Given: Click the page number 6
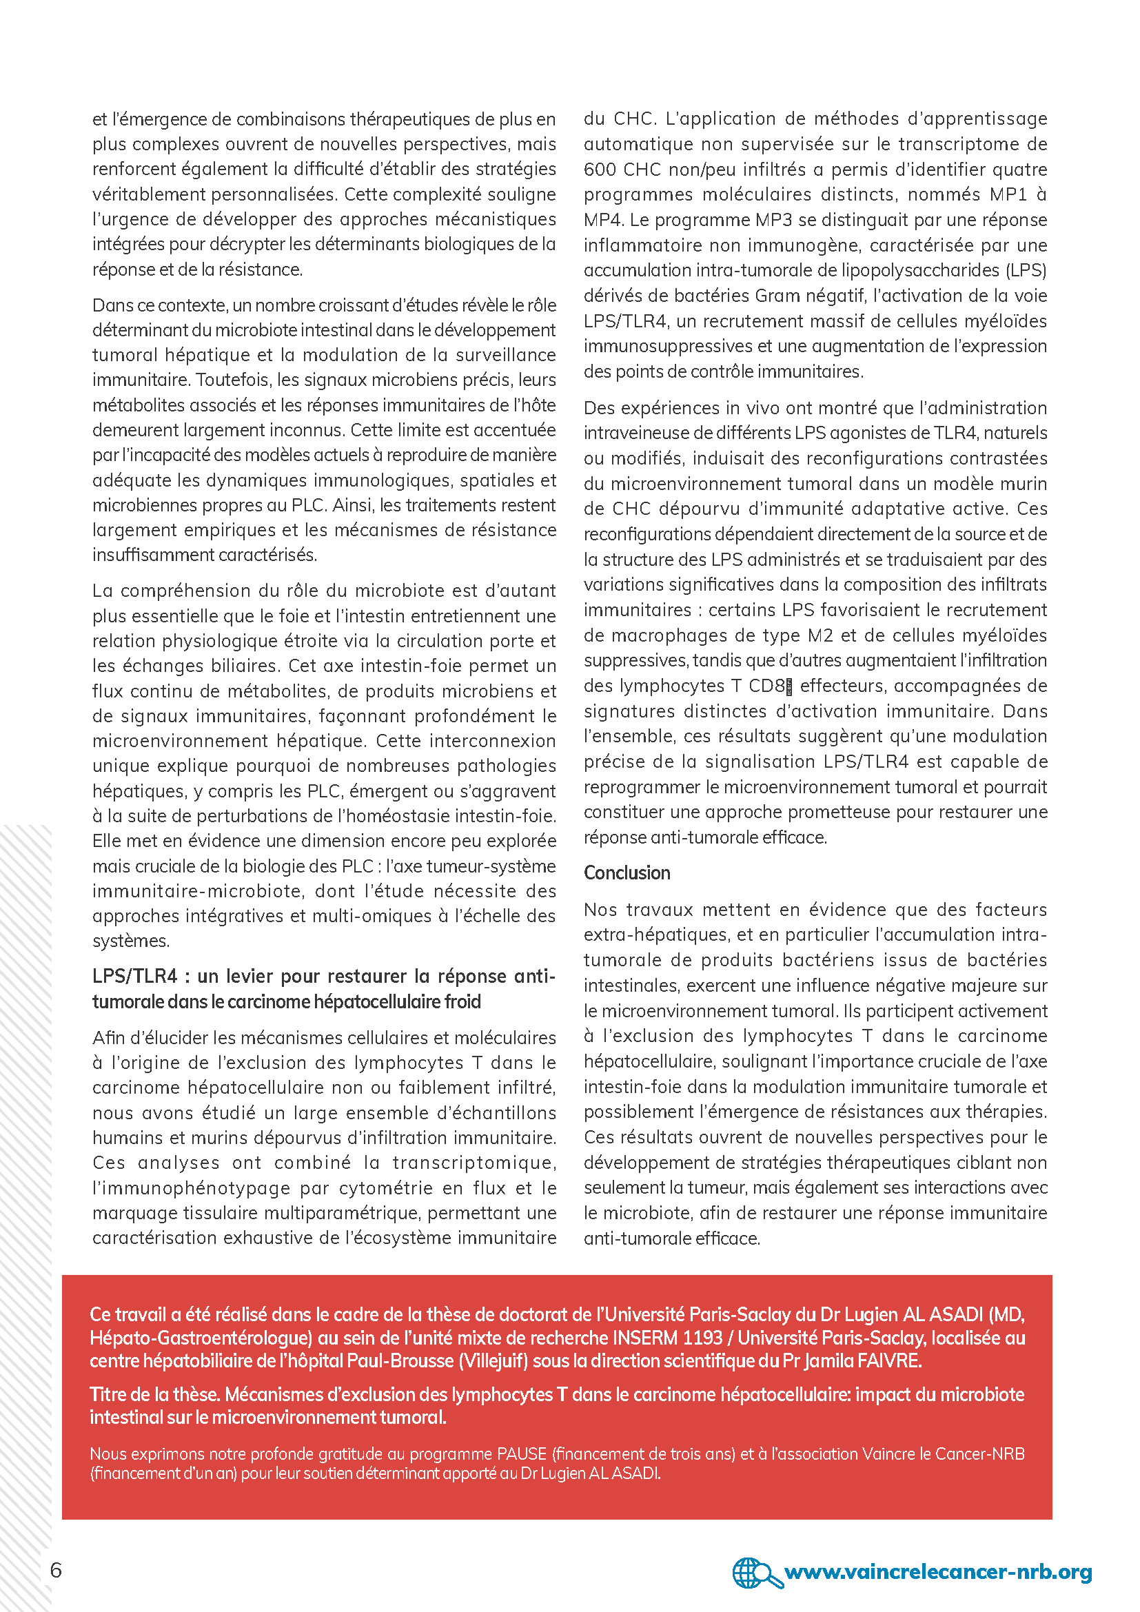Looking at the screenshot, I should [x=56, y=1570].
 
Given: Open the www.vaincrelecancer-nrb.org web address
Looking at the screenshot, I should [x=938, y=1571].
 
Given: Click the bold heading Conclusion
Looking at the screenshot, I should [x=627, y=873].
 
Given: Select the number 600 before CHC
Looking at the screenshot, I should [x=600, y=170].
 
